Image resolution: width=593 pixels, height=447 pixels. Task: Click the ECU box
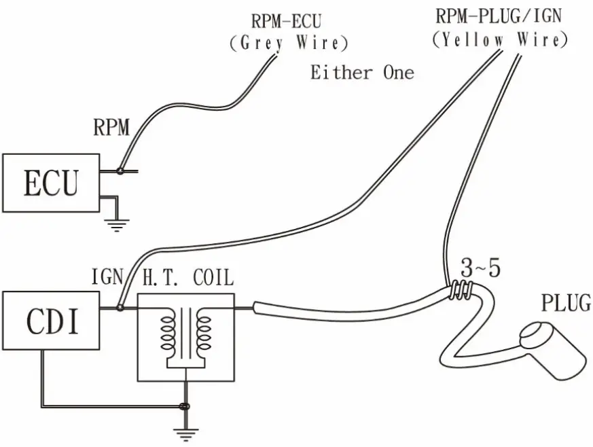[x=51, y=183]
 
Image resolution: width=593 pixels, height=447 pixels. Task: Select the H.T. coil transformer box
[x=185, y=336]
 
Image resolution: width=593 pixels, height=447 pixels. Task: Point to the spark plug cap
[x=554, y=346]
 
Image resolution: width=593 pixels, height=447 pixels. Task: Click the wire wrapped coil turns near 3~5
[x=461, y=290]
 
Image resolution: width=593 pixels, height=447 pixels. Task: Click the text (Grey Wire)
[x=288, y=43]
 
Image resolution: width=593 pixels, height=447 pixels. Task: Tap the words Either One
[x=361, y=72]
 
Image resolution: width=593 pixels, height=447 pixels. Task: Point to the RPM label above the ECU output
[x=110, y=127]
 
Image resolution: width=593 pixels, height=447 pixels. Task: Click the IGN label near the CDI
[x=107, y=278]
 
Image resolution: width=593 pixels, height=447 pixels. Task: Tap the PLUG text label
[x=565, y=302]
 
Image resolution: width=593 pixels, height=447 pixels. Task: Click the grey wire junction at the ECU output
[x=120, y=171]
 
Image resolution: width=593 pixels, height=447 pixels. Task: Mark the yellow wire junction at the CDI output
[x=120, y=308]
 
